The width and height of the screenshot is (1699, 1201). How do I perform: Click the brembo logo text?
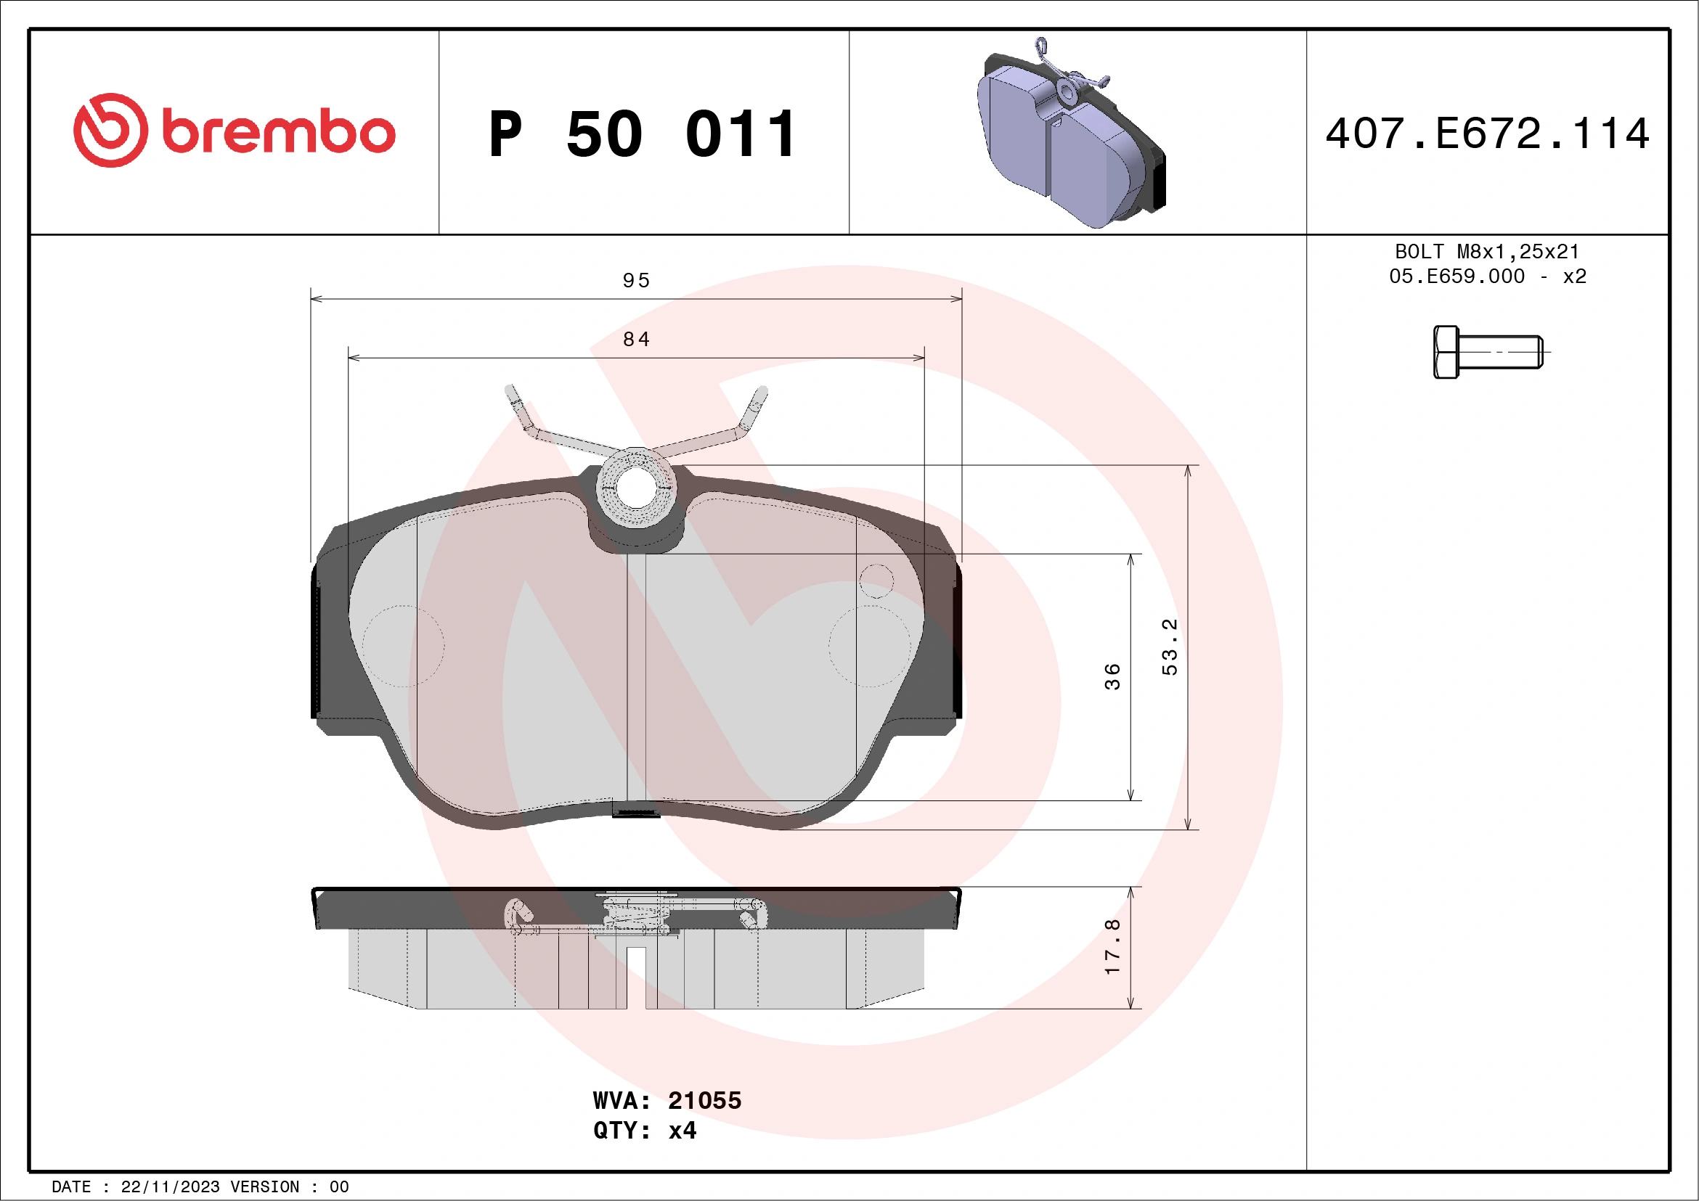278,132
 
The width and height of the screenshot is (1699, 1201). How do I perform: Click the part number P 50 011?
643,134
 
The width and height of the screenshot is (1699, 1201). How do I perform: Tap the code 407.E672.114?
1488,134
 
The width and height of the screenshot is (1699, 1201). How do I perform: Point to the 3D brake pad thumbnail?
1072,133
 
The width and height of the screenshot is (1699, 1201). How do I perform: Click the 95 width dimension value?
635,280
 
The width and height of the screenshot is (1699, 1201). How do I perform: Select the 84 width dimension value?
635,339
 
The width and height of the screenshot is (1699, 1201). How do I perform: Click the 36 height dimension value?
1112,676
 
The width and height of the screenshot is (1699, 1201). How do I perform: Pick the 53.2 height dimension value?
1169,647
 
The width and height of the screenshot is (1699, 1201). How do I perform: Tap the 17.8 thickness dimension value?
1112,947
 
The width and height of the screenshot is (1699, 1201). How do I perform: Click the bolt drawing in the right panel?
1488,351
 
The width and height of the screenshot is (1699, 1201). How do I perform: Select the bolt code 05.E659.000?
1456,276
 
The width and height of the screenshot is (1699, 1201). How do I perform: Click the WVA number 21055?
704,1100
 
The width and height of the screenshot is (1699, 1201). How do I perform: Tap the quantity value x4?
682,1131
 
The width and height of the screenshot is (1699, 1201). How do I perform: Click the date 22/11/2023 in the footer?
169,1187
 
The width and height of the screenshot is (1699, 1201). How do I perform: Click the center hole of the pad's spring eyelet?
635,488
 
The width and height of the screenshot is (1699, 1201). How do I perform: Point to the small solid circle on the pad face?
876,580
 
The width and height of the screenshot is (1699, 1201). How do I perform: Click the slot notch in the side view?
636,976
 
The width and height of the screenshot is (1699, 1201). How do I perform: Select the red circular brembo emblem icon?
110,130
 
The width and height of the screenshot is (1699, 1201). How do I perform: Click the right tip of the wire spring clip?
761,391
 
